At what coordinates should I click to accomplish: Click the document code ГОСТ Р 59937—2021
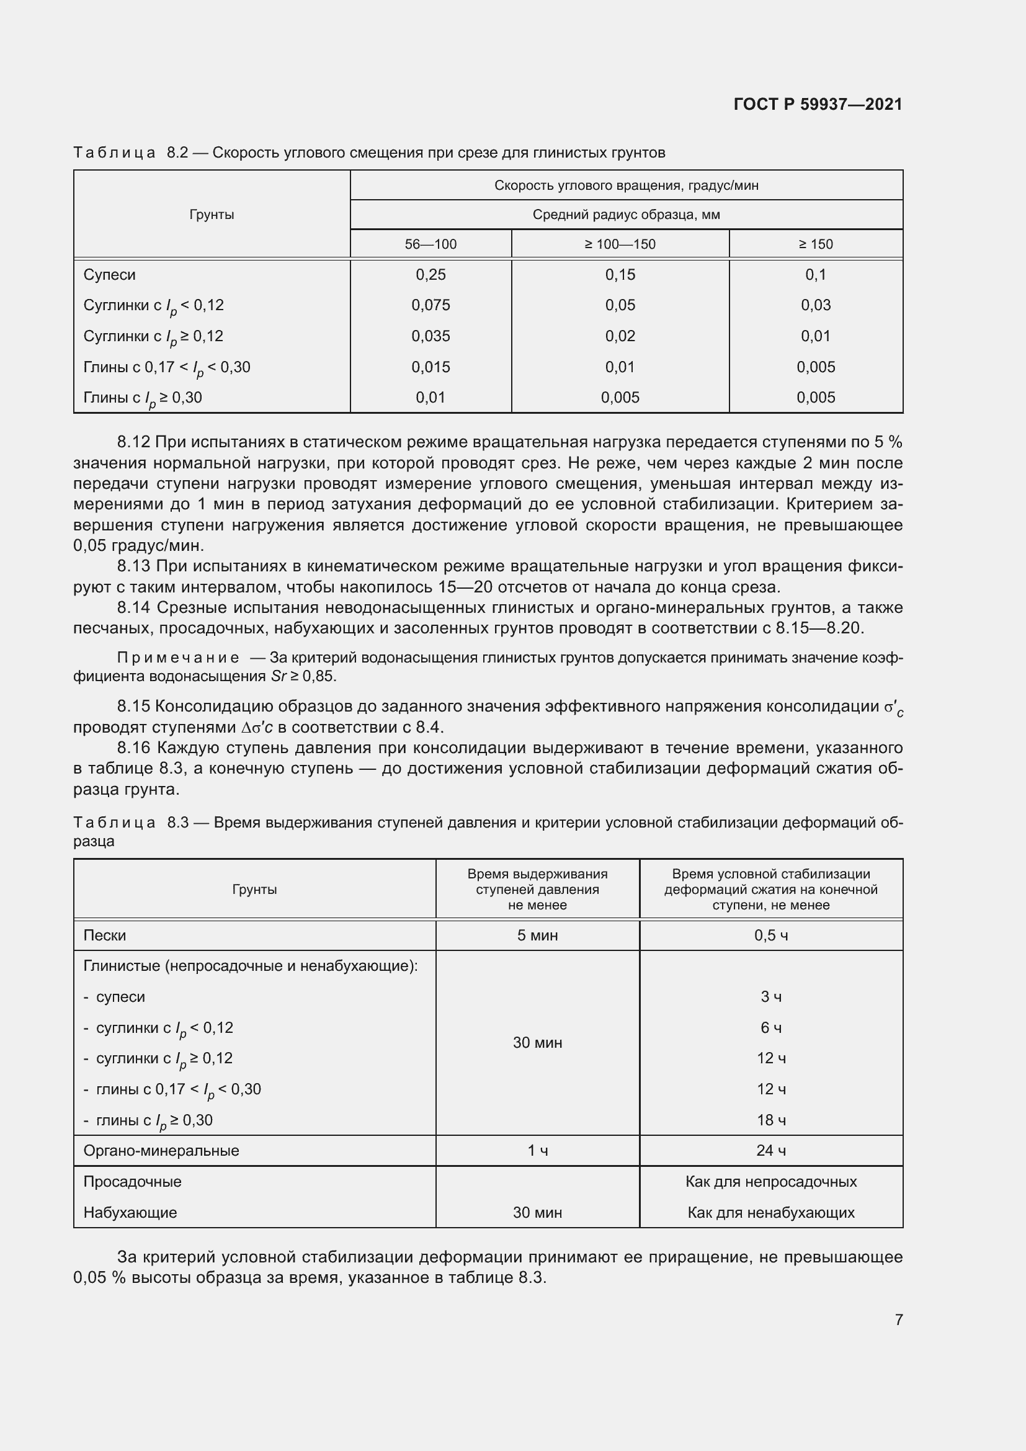pos(818,104)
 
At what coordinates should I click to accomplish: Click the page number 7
pos(898,1319)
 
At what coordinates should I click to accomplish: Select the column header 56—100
pos(430,244)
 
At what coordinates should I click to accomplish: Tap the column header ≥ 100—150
pos(620,244)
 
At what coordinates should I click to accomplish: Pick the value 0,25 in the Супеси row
pos(430,275)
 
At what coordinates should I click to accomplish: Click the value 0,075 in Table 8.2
pos(430,305)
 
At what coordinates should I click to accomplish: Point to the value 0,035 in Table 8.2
pos(430,336)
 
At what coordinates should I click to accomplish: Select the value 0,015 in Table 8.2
pos(430,367)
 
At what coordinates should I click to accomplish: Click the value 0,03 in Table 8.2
pos(816,305)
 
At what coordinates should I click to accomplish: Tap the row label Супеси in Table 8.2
pos(109,275)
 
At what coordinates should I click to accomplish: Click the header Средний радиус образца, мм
pos(625,215)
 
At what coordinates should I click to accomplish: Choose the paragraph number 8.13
pos(133,566)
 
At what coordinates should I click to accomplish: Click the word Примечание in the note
pos(178,658)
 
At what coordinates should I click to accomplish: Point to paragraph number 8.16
pos(133,748)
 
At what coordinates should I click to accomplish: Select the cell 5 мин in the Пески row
pos(537,935)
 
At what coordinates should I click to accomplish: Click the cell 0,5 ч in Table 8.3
pos(771,935)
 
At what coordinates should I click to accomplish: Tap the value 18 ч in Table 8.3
pos(771,1120)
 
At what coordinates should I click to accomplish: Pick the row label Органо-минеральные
pos(161,1151)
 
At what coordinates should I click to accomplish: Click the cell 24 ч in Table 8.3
pos(771,1151)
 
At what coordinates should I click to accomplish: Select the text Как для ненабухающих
pos(771,1213)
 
